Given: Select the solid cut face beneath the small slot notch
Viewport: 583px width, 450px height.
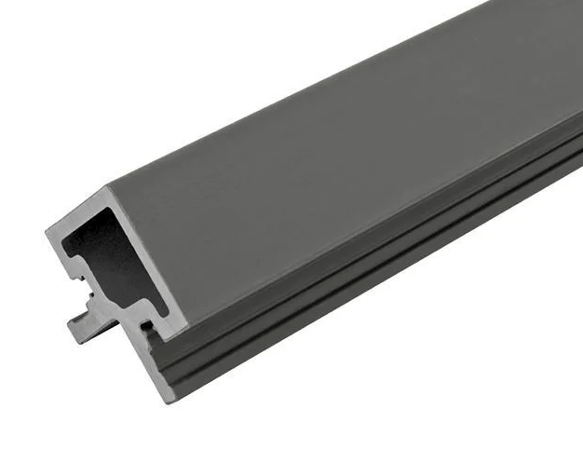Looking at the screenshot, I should tap(158, 363).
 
